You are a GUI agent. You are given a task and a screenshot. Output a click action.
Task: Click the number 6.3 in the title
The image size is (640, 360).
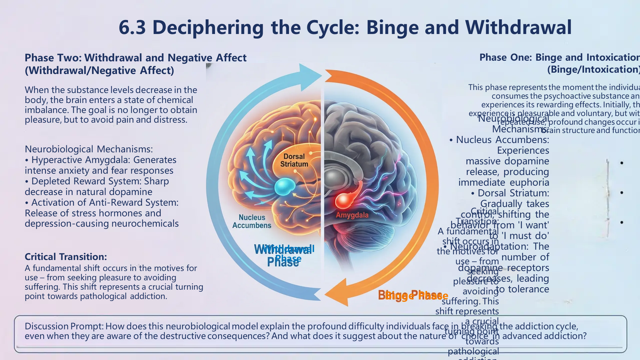[x=132, y=27]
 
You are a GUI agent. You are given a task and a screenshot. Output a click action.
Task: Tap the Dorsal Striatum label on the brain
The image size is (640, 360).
[x=294, y=160]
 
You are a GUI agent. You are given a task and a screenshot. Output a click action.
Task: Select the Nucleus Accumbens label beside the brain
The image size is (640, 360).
[x=252, y=221]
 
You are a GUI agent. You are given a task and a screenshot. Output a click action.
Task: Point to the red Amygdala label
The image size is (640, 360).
[x=352, y=215]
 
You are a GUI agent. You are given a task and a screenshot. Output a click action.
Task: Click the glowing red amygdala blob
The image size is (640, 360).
[x=343, y=201]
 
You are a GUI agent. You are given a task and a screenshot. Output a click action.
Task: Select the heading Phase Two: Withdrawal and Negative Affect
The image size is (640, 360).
[x=135, y=58]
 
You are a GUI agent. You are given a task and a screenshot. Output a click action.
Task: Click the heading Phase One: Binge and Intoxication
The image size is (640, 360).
[x=559, y=57]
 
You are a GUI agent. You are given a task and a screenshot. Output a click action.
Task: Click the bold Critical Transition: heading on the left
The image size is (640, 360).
[x=66, y=257]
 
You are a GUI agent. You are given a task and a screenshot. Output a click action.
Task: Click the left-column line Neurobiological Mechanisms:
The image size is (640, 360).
[x=89, y=149]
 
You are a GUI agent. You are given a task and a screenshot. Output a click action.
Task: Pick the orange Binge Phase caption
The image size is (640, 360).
[x=413, y=295]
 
